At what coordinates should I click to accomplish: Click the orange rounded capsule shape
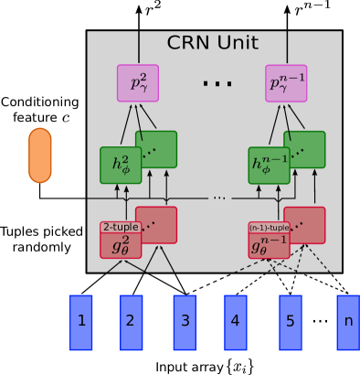[x=40, y=155]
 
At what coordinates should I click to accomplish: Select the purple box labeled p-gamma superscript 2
[x=137, y=83]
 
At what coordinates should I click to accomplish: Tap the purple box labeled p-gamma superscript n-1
[x=286, y=83]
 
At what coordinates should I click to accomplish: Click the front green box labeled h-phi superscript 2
[x=121, y=166]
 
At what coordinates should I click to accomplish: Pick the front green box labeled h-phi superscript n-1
[x=269, y=166]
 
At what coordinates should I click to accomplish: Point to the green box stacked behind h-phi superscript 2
[x=163, y=142]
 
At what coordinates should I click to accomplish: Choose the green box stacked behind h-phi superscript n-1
[x=311, y=142]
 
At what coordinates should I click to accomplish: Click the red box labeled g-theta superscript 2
[x=121, y=245]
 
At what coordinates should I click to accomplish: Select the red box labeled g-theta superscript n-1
[x=269, y=245]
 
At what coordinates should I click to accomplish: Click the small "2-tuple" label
[x=120, y=227]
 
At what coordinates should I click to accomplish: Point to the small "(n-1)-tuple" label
[x=269, y=228]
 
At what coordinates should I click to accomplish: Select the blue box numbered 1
[x=81, y=322]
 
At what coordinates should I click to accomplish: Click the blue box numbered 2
[x=131, y=322]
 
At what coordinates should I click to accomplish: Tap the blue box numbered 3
[x=185, y=322]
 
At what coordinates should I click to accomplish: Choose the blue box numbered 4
[x=235, y=322]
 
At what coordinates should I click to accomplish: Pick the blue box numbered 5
[x=291, y=322]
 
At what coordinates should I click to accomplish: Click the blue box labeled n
[x=348, y=322]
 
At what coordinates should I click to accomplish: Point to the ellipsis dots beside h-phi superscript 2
[x=150, y=152]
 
